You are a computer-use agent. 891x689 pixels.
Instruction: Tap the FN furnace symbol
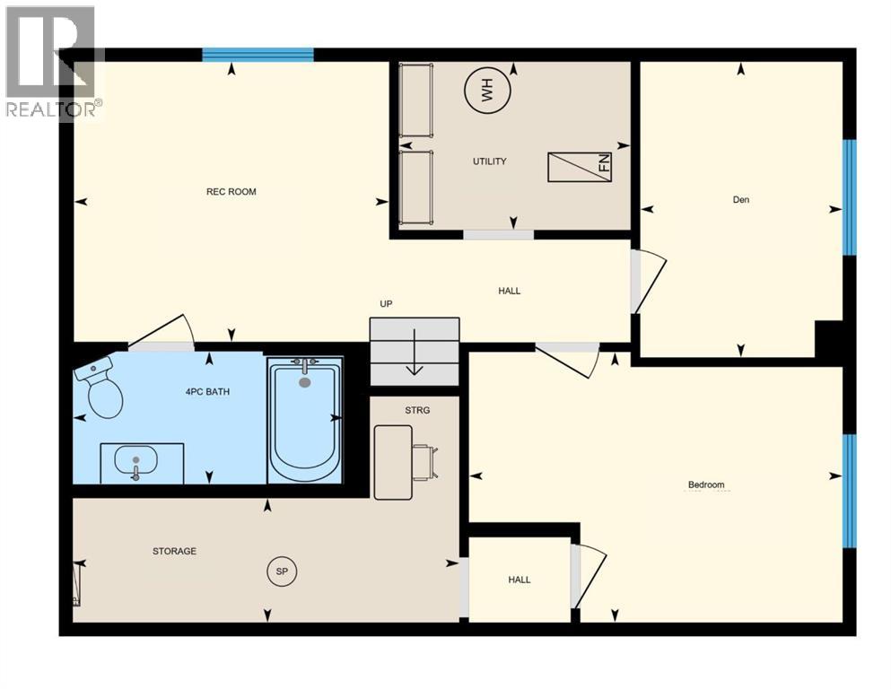pyautogui.click(x=581, y=167)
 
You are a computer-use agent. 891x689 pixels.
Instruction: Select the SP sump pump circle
pyautogui.click(x=282, y=571)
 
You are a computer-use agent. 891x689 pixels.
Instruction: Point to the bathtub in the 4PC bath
pyautogui.click(x=305, y=419)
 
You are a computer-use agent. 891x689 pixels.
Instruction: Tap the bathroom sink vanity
pyautogui.click(x=141, y=463)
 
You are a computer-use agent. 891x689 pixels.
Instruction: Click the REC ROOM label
pyautogui.click(x=231, y=192)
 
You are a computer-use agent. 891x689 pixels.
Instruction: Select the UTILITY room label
pyautogui.click(x=490, y=161)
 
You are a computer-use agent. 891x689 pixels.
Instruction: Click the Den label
pyautogui.click(x=740, y=200)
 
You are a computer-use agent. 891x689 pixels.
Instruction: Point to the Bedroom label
pyautogui.click(x=705, y=485)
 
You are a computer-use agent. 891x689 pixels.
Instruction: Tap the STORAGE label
pyautogui.click(x=174, y=551)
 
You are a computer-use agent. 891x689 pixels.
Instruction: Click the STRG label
pyautogui.click(x=417, y=410)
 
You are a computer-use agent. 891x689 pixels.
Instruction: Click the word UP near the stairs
pyautogui.click(x=386, y=304)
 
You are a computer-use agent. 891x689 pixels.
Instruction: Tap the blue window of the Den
pyautogui.click(x=849, y=197)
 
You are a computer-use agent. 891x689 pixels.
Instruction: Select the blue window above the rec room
pyautogui.click(x=258, y=55)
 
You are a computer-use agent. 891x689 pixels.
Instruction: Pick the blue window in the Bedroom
pyautogui.click(x=849, y=490)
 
